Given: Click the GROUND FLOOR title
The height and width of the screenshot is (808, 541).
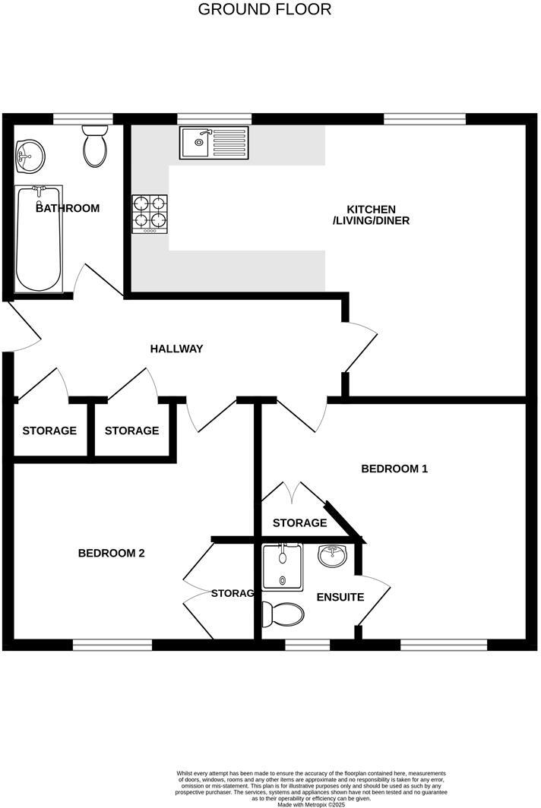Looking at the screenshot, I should point(264,10).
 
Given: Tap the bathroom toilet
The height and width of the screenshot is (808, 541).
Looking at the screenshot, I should point(96,147).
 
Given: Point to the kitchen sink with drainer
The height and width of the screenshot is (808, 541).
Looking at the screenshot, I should point(214,143).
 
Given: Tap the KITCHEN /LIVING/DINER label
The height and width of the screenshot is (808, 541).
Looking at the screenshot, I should point(372,215).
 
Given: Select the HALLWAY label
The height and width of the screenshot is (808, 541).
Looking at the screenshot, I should point(176,349).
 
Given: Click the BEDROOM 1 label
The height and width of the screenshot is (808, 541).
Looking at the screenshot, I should point(394,469).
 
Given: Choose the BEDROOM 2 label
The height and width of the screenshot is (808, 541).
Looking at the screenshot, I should point(111,553).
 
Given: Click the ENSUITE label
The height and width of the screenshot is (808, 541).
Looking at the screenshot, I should point(340,598).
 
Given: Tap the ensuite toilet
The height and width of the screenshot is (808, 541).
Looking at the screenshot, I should point(282,613).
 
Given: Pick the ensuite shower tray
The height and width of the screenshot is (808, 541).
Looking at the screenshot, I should point(283,567).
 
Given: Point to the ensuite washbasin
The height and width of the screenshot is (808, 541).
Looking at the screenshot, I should point(333,557).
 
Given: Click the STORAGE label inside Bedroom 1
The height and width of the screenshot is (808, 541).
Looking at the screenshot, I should point(299,523).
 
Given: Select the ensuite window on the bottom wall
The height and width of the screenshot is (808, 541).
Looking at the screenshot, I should point(307,645).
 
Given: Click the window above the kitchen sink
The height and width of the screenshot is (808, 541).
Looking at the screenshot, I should point(214,118).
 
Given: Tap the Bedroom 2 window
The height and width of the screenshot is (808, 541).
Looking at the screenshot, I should point(112,645).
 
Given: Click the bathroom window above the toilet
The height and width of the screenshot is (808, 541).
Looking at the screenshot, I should point(83,118).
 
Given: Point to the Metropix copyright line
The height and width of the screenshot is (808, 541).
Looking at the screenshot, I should point(311,804).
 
